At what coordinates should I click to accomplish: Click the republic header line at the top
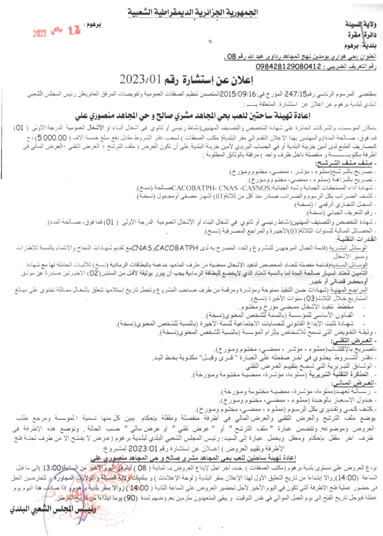[192, 11]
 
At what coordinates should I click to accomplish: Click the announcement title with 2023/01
[192, 80]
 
